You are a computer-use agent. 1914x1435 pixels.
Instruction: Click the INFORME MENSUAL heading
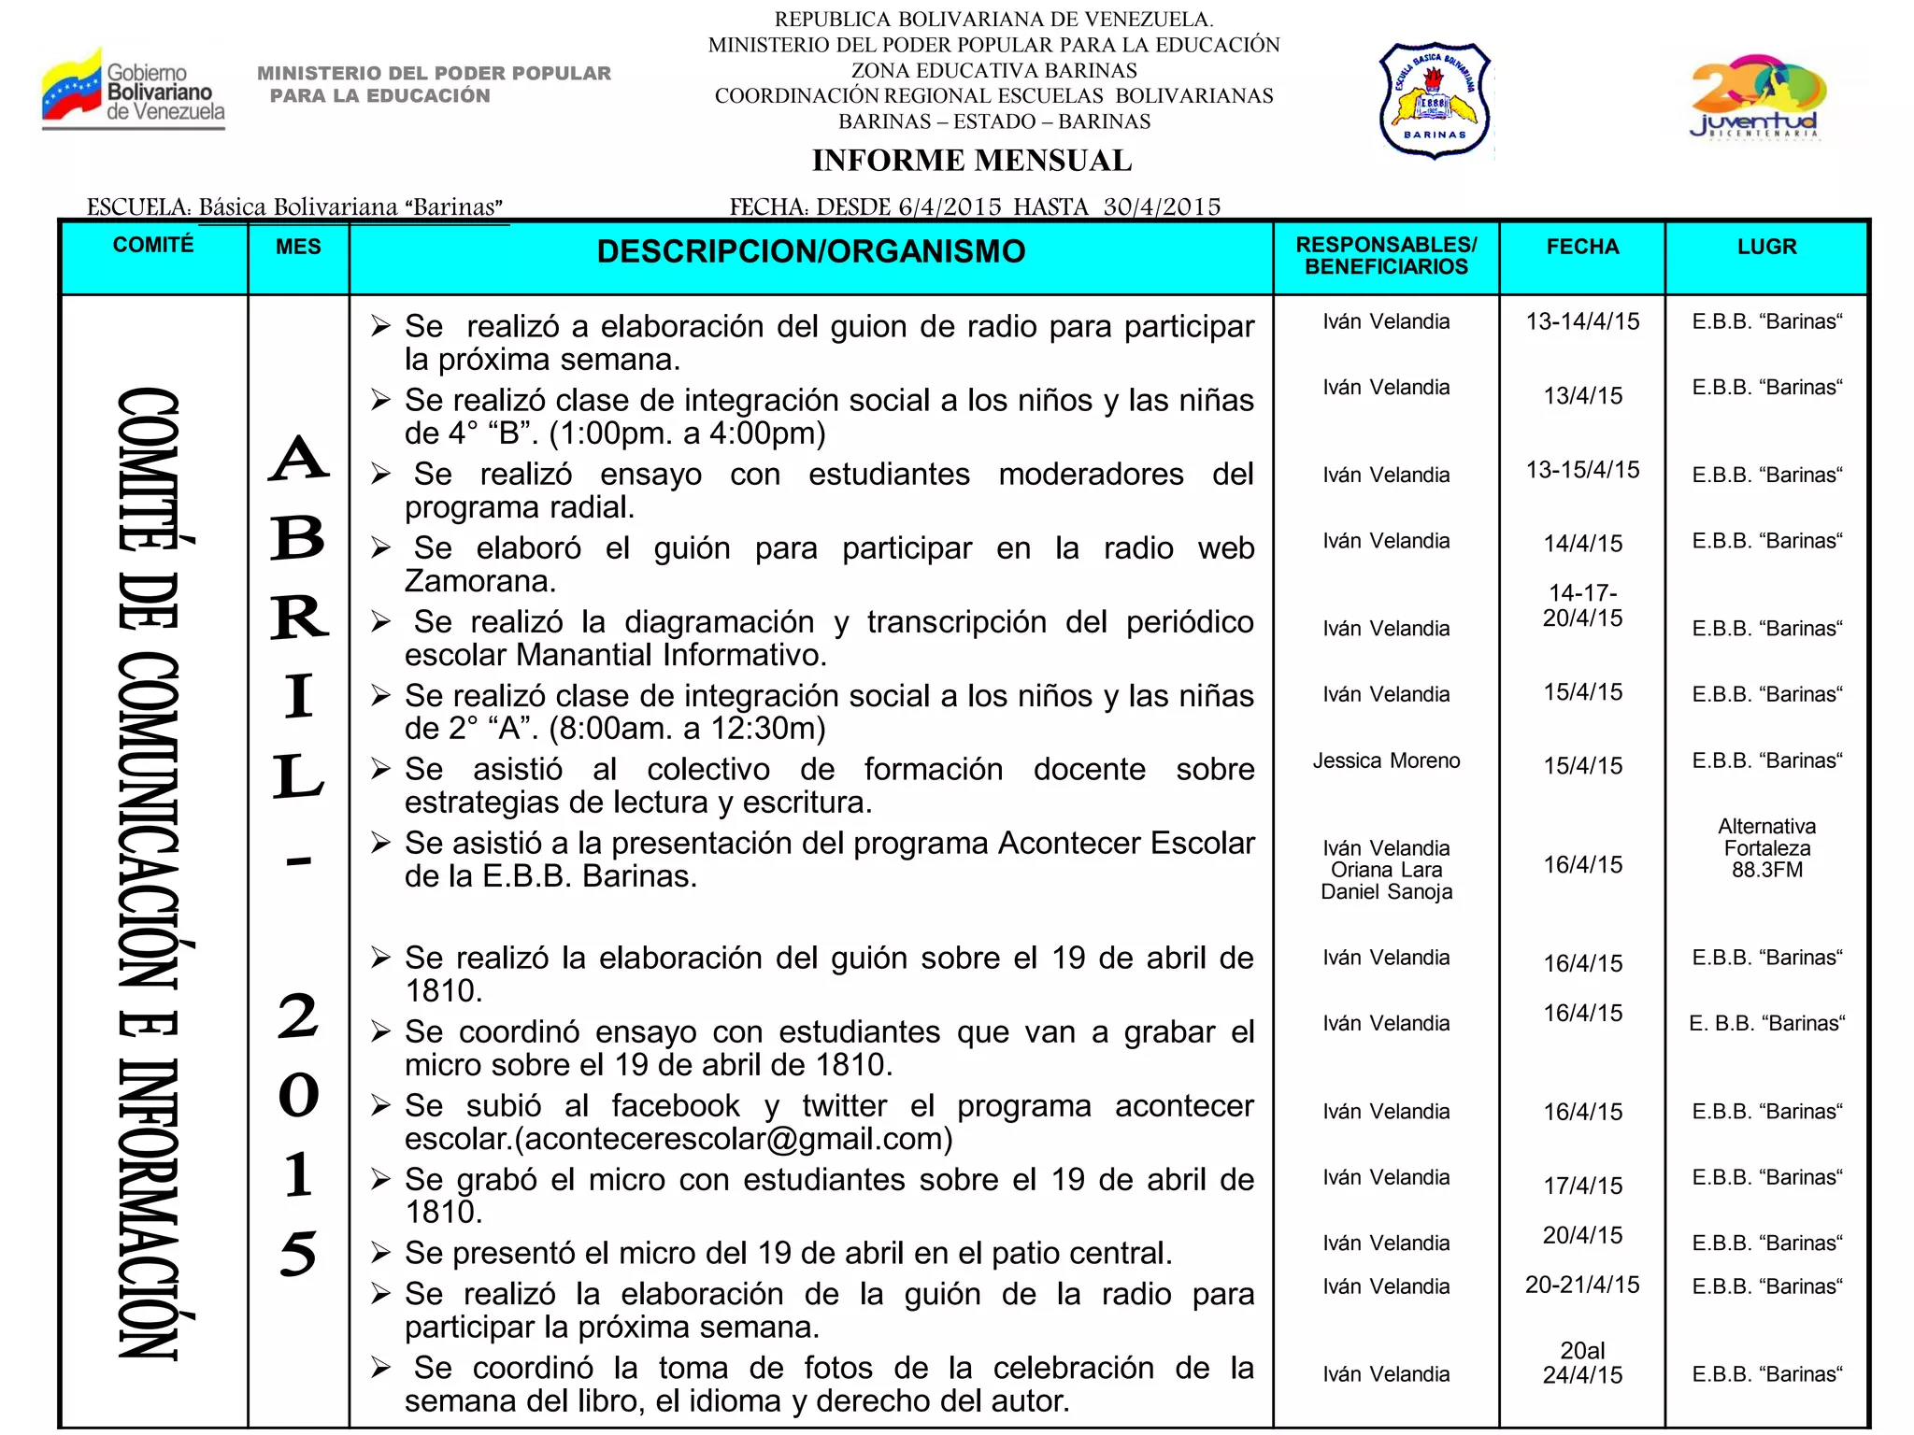point(971,161)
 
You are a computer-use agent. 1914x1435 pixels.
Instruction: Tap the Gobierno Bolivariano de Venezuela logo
point(134,89)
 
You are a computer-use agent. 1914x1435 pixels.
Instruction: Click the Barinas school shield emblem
point(1435,99)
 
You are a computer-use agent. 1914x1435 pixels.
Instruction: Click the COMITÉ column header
point(153,245)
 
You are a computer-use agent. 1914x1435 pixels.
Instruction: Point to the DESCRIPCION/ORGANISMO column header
point(810,251)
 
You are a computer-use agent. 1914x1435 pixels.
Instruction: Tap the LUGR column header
point(1766,247)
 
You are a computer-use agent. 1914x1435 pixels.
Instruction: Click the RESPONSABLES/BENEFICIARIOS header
point(1386,256)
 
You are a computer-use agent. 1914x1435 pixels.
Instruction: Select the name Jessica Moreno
point(1386,760)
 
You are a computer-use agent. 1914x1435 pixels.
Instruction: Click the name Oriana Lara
point(1386,870)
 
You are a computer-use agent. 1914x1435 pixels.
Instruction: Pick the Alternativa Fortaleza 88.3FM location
point(1766,848)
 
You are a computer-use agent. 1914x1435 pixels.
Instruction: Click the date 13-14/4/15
point(1582,321)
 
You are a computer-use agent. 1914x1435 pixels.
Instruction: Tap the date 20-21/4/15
point(1582,1285)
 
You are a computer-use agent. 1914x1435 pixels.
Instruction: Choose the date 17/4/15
point(1582,1186)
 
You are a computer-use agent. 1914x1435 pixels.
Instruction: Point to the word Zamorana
point(480,581)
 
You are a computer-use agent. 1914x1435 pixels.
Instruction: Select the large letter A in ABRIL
point(298,458)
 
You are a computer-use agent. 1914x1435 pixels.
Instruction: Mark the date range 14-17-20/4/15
point(1582,605)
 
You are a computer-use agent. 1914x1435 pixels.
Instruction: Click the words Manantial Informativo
point(670,655)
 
